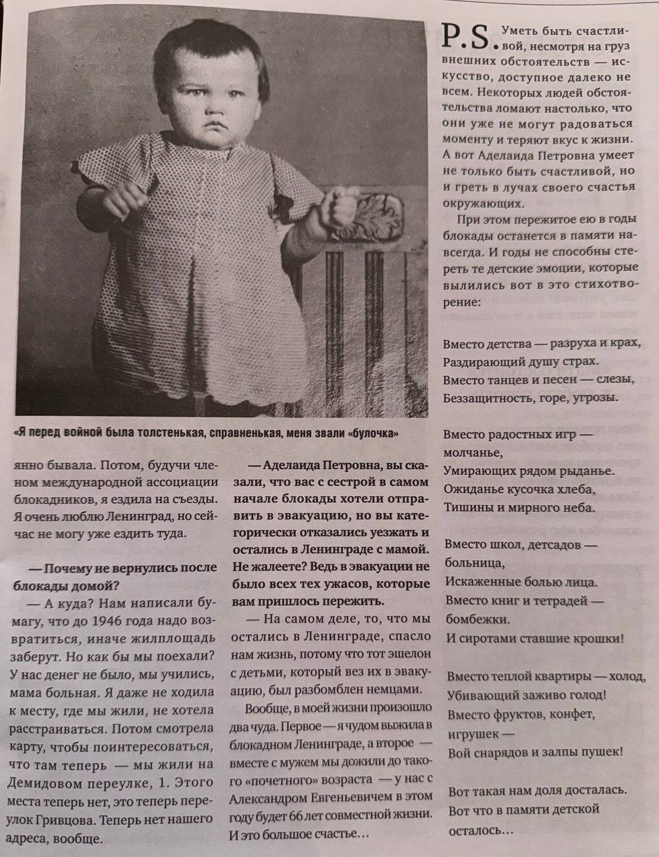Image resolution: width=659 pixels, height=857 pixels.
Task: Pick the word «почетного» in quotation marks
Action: point(277,780)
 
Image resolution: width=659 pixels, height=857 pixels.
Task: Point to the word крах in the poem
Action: point(626,343)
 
